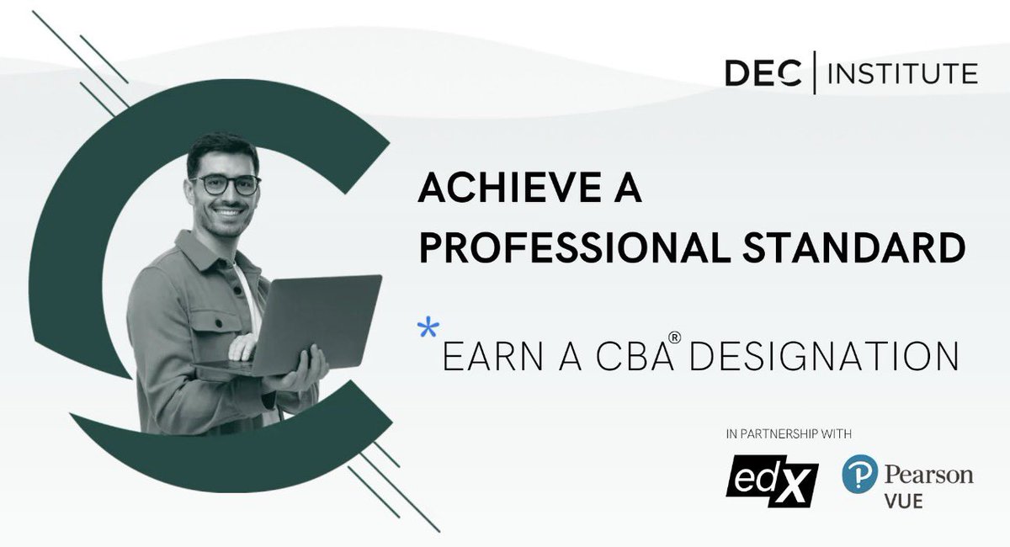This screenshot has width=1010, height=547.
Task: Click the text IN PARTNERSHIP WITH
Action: click(x=788, y=435)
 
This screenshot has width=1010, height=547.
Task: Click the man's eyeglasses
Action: click(x=225, y=184)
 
